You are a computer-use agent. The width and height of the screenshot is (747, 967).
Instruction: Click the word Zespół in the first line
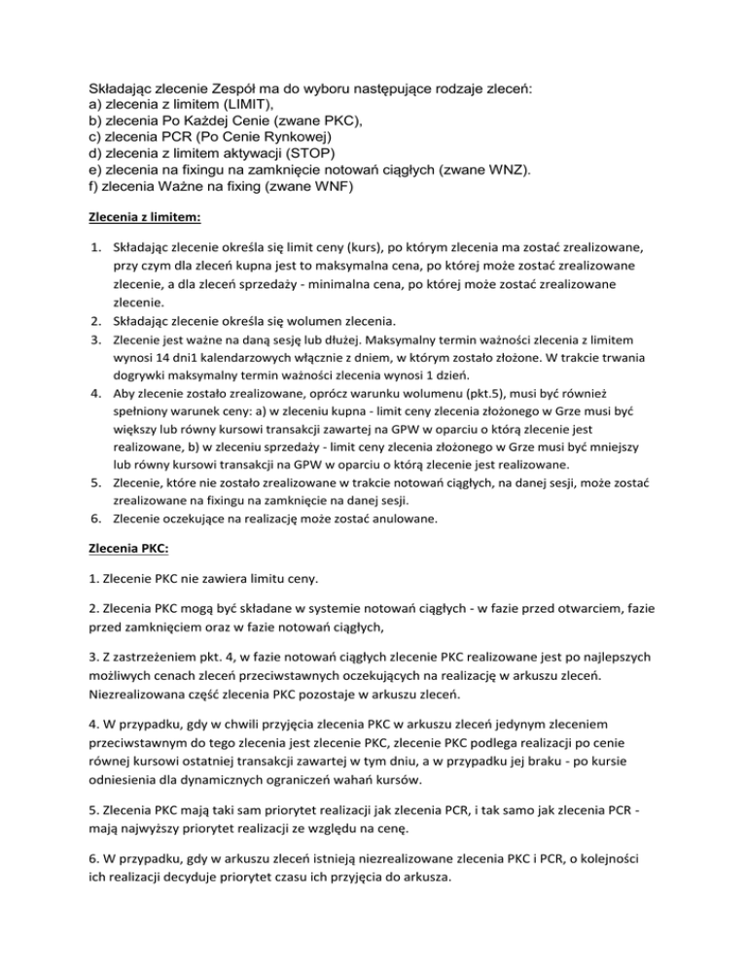point(230,89)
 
